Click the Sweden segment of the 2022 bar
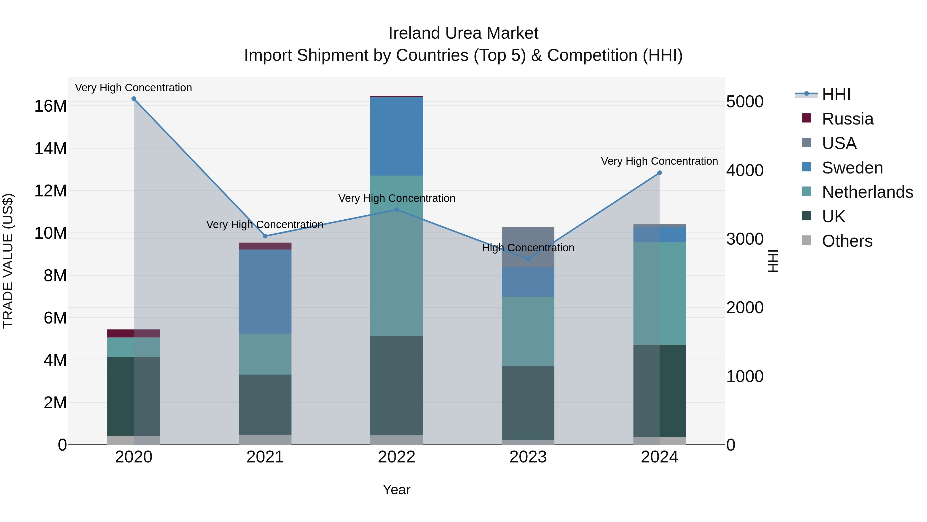point(397,136)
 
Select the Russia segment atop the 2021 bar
point(265,246)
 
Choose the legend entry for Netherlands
point(867,192)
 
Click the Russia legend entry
point(847,119)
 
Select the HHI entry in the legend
point(836,94)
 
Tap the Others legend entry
point(847,241)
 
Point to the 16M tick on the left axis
point(50,106)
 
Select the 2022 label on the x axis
point(397,457)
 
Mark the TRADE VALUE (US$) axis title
point(8,261)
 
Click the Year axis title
point(397,490)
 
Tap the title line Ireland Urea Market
point(463,33)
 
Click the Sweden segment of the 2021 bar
point(265,292)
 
